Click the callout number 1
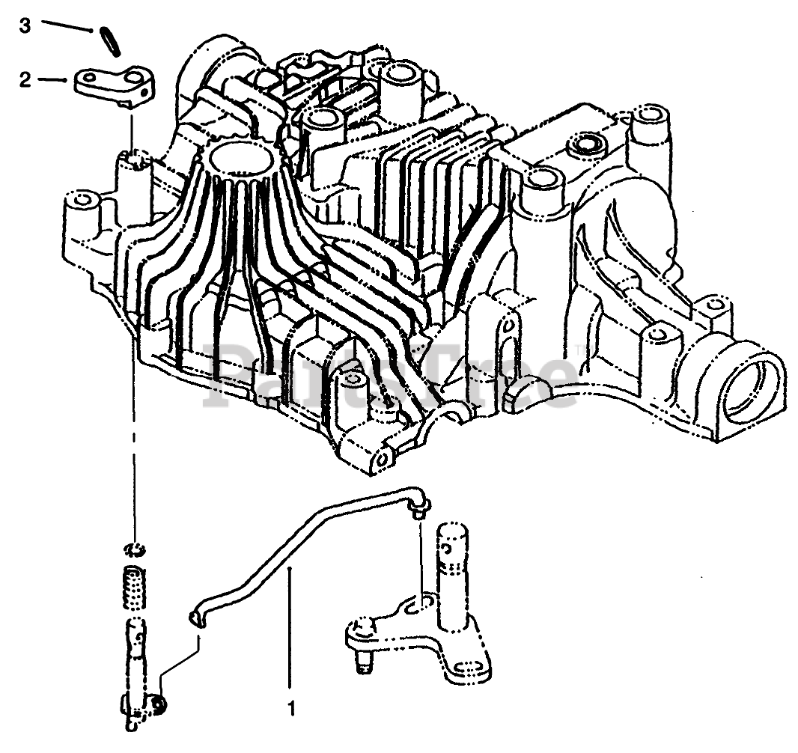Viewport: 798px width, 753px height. tap(291, 707)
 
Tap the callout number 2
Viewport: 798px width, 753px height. tap(25, 80)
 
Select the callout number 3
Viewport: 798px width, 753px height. tap(25, 26)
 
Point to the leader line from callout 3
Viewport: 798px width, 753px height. tap(69, 28)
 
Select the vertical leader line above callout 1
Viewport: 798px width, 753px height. tap(291, 629)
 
